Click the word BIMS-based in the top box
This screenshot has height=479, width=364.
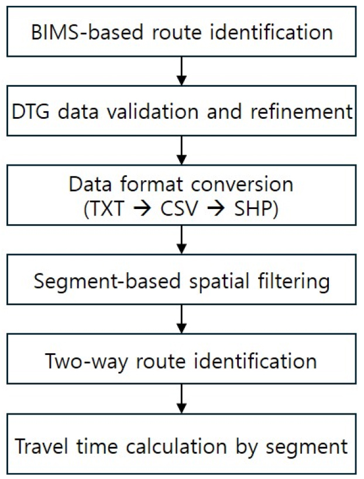(87, 32)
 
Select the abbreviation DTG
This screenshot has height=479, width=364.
(30, 111)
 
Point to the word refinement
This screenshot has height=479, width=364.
(302, 111)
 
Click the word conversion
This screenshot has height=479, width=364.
(242, 184)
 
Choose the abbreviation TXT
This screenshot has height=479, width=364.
(107, 209)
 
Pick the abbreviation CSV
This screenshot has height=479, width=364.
(179, 209)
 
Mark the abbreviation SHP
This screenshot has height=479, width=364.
(253, 209)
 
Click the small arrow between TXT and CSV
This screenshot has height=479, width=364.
(142, 209)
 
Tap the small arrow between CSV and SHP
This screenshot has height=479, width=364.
(216, 209)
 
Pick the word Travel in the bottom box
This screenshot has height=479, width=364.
(41, 446)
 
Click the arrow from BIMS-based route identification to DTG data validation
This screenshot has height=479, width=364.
(181, 71)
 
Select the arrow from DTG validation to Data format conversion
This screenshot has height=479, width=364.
(181, 150)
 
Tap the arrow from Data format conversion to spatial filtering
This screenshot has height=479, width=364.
(181, 240)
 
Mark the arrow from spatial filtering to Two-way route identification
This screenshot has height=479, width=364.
(181, 319)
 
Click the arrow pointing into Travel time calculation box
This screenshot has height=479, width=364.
(181, 399)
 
